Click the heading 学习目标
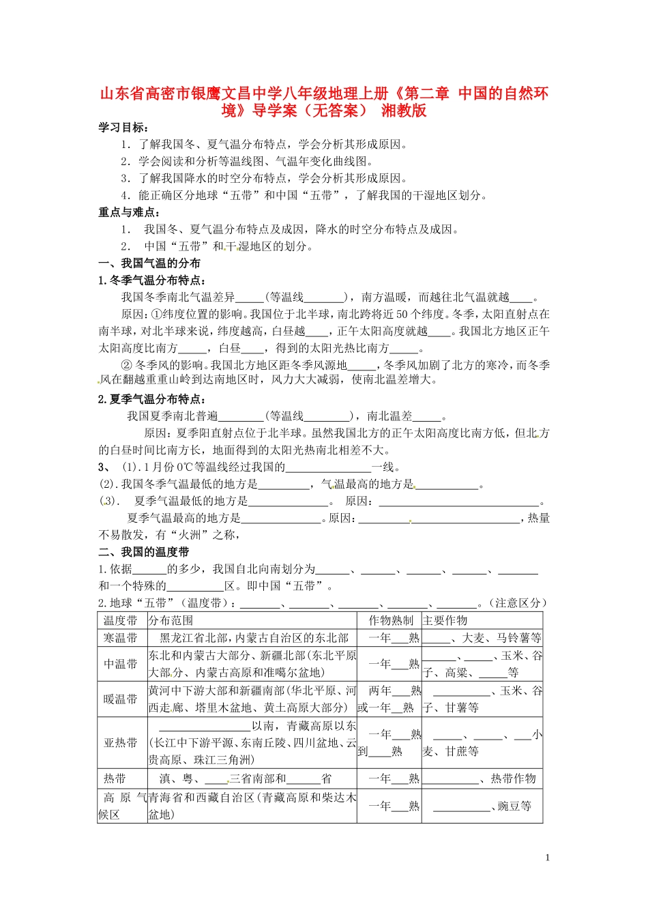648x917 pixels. (123, 128)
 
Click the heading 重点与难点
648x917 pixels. (129, 212)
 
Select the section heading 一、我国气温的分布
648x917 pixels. (149, 263)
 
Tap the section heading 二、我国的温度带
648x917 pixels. (144, 552)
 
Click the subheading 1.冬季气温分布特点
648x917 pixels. (152, 280)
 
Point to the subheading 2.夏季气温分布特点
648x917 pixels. (152, 399)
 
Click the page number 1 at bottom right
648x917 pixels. (547, 858)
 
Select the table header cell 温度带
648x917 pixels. (121, 620)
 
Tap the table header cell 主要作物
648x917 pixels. (445, 620)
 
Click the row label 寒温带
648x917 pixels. (121, 638)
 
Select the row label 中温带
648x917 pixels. (121, 664)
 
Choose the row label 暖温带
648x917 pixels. (121, 699)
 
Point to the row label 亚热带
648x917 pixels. (121, 743)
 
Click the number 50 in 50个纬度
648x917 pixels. (402, 315)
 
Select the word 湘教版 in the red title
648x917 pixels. (404, 111)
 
